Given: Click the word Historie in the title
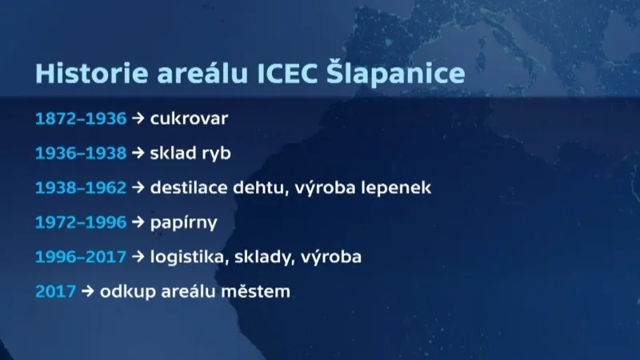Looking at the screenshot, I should point(81,74).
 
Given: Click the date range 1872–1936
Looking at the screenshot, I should point(81,119).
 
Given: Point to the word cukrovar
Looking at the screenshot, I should point(190,119).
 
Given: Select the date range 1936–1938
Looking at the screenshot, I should point(81,154).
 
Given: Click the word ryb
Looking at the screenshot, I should point(215,154).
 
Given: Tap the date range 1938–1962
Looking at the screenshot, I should point(81,188).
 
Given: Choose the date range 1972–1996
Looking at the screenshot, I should point(81,222).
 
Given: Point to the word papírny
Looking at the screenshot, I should point(184,223).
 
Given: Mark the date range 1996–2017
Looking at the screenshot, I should point(81,258).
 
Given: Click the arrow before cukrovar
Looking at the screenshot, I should point(138,119).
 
